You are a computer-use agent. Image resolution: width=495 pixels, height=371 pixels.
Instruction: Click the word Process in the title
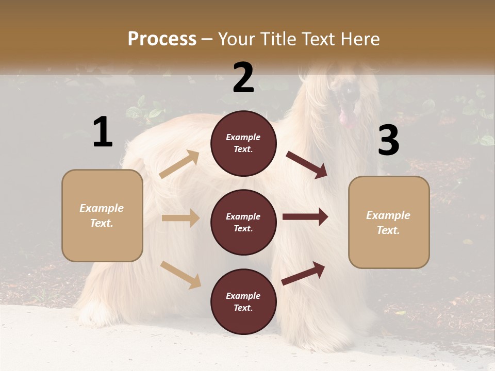(x=162, y=39)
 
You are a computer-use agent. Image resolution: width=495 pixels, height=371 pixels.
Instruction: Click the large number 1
(x=103, y=132)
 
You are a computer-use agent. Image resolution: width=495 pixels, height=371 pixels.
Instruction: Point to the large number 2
(x=243, y=78)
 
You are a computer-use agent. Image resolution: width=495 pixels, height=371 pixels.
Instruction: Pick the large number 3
(x=388, y=141)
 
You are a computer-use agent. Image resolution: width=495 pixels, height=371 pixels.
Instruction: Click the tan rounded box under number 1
(x=102, y=215)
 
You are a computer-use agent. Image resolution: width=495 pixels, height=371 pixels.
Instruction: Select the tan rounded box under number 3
(x=389, y=222)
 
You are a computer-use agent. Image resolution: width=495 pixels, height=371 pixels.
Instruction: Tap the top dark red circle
(x=243, y=143)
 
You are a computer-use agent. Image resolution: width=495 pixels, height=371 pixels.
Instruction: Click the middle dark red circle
(x=243, y=222)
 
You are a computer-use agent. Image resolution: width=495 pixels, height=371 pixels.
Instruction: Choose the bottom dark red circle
(x=243, y=301)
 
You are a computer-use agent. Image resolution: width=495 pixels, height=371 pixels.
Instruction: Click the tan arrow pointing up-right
(x=179, y=164)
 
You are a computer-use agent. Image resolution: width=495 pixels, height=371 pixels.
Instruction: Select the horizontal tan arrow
(x=180, y=218)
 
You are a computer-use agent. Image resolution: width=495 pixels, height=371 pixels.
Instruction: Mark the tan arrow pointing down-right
(x=180, y=275)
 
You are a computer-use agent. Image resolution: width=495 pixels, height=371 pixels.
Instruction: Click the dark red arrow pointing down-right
(x=306, y=165)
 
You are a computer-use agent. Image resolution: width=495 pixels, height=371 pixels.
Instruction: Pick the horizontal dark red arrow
(x=305, y=217)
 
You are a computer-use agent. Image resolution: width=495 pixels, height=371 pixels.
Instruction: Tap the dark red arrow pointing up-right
(x=303, y=273)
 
